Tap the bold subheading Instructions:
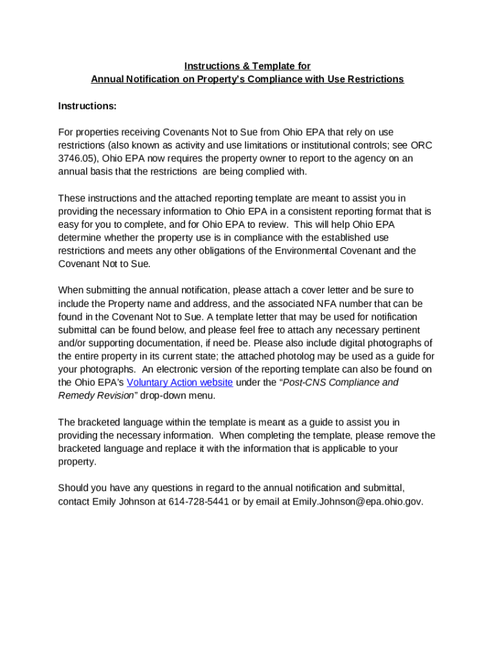87,106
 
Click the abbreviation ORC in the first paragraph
421,145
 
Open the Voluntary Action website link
179,382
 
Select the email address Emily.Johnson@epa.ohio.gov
357,501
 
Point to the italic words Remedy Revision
96,395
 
